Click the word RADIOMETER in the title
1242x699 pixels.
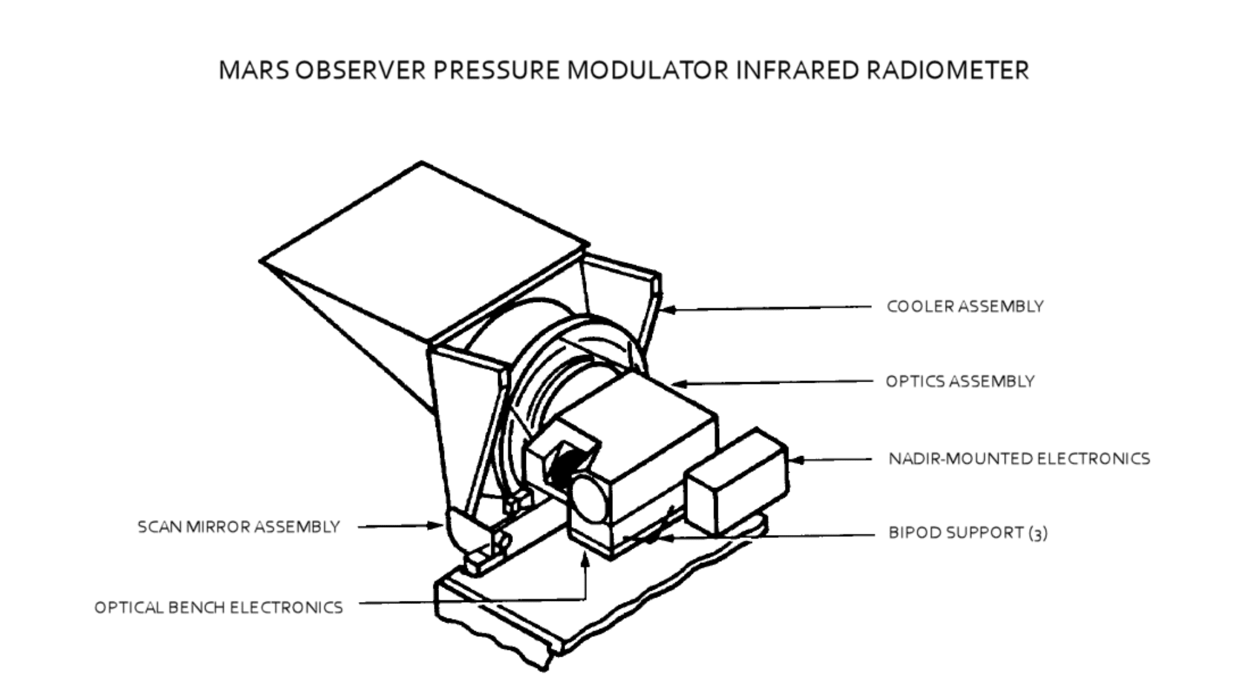pyautogui.click(x=948, y=70)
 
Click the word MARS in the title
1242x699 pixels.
pyautogui.click(x=253, y=70)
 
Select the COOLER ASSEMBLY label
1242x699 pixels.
pyautogui.click(x=964, y=306)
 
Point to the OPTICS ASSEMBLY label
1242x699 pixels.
pyautogui.click(x=959, y=381)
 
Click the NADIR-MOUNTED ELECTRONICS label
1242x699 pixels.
pyautogui.click(x=1018, y=459)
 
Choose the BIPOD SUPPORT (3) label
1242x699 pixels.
pyautogui.click(x=968, y=533)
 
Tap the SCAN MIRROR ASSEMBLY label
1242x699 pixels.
pyautogui.click(x=238, y=527)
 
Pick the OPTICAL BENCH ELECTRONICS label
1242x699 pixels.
pyautogui.click(x=218, y=607)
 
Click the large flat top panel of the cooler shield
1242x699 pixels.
pyautogui.click(x=422, y=249)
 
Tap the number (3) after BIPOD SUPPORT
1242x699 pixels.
pyautogui.click(x=1038, y=534)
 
